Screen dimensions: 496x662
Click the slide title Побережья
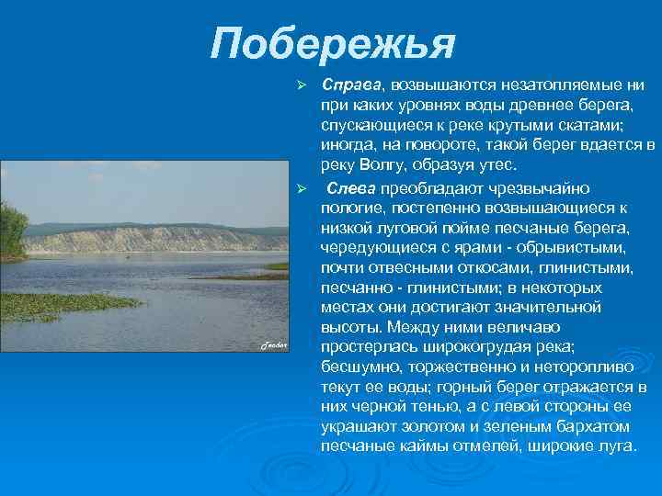333,42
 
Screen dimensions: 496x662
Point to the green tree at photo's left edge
13,230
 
